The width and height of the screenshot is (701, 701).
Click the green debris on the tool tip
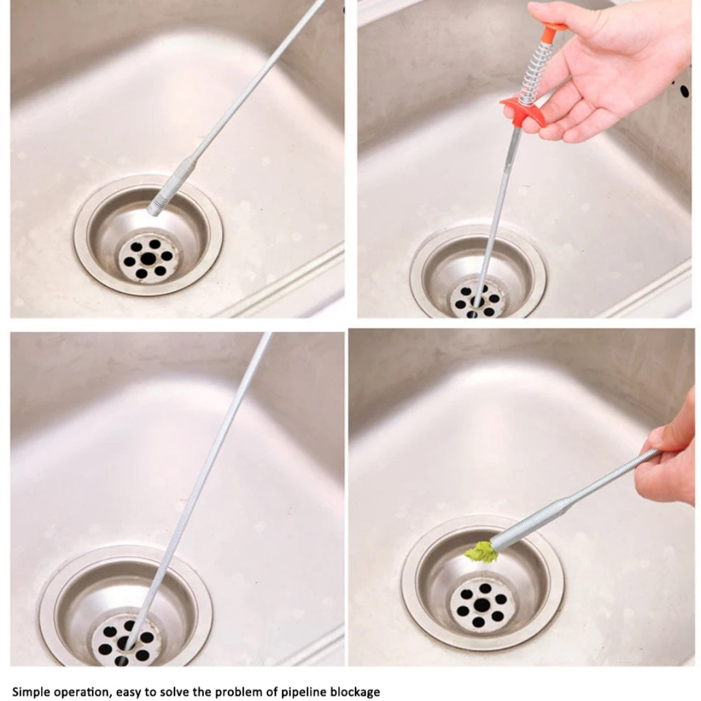pos(481,552)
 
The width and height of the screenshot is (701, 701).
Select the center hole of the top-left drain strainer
pos(148,258)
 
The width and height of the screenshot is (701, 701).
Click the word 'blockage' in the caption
pos(356,691)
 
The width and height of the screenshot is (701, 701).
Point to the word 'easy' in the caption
pos(127,691)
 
